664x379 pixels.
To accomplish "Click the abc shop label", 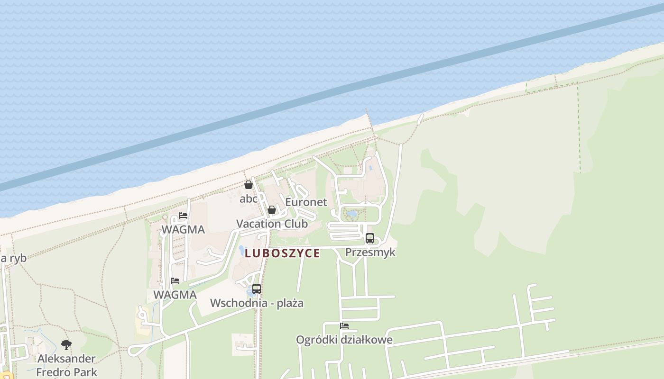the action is point(248,199).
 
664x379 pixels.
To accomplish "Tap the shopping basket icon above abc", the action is point(248,185).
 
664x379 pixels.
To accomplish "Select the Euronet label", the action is point(306,202).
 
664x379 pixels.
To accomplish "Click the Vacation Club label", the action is point(272,224).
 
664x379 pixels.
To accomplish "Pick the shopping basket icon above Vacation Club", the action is point(272,210).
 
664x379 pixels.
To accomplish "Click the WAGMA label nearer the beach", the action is point(183,230).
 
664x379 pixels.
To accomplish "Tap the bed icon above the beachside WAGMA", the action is point(183,216).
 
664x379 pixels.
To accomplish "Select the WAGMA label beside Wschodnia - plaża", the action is point(175,295).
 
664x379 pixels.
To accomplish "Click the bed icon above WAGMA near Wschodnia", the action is point(175,281).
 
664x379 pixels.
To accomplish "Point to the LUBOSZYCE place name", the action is point(282,253).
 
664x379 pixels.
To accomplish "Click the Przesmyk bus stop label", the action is point(370,252).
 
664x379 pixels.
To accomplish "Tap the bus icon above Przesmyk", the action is point(370,238).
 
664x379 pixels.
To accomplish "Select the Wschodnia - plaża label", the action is point(257,303).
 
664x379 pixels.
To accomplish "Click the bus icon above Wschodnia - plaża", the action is point(257,289).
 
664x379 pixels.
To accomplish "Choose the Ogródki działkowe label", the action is point(344,340).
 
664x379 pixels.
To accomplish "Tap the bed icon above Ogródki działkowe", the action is point(344,326).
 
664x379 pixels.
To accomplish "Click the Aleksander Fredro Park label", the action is point(66,365).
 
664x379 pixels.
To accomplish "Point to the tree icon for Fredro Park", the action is point(66,345).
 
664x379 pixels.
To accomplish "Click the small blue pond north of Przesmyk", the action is point(351,214).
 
